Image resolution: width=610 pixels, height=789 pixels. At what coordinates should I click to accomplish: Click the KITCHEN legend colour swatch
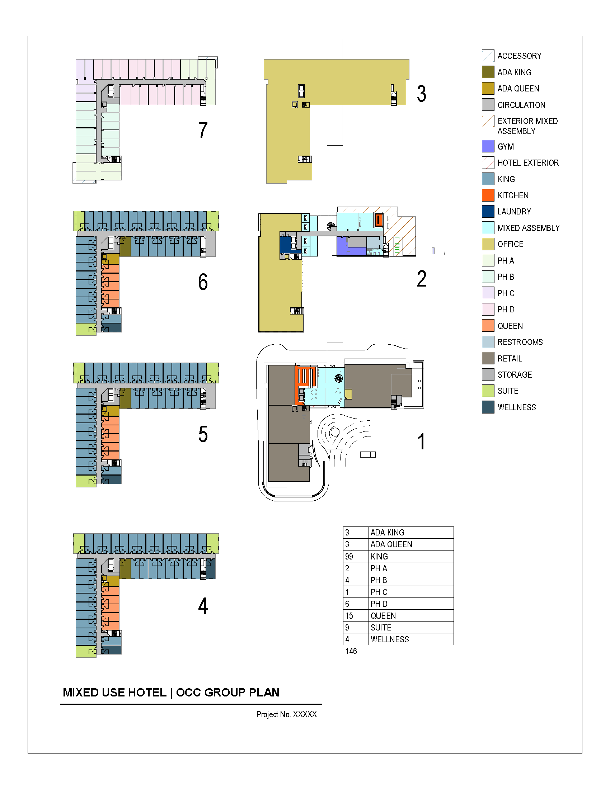488,195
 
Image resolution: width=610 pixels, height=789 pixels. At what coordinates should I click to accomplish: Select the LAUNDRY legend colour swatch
488,211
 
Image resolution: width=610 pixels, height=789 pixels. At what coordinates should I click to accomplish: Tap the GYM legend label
505,147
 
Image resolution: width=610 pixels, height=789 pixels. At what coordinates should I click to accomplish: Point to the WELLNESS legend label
516,407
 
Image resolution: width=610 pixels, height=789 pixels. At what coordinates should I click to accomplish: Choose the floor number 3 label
421,94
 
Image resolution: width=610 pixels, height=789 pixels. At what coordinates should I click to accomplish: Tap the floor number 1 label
421,441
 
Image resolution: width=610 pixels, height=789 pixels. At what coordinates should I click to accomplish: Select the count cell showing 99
349,556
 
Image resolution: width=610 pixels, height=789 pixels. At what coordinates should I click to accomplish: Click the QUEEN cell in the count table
383,615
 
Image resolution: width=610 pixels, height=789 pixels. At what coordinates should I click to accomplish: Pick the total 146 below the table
351,651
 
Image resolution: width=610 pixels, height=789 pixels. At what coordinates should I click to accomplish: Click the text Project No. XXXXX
286,714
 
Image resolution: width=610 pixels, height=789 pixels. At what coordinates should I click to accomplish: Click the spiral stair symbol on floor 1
339,378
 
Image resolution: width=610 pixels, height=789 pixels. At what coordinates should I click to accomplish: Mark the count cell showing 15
349,615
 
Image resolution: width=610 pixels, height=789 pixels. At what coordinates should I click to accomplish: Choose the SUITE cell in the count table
381,628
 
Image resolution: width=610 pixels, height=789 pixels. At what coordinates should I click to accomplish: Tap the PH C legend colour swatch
488,293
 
